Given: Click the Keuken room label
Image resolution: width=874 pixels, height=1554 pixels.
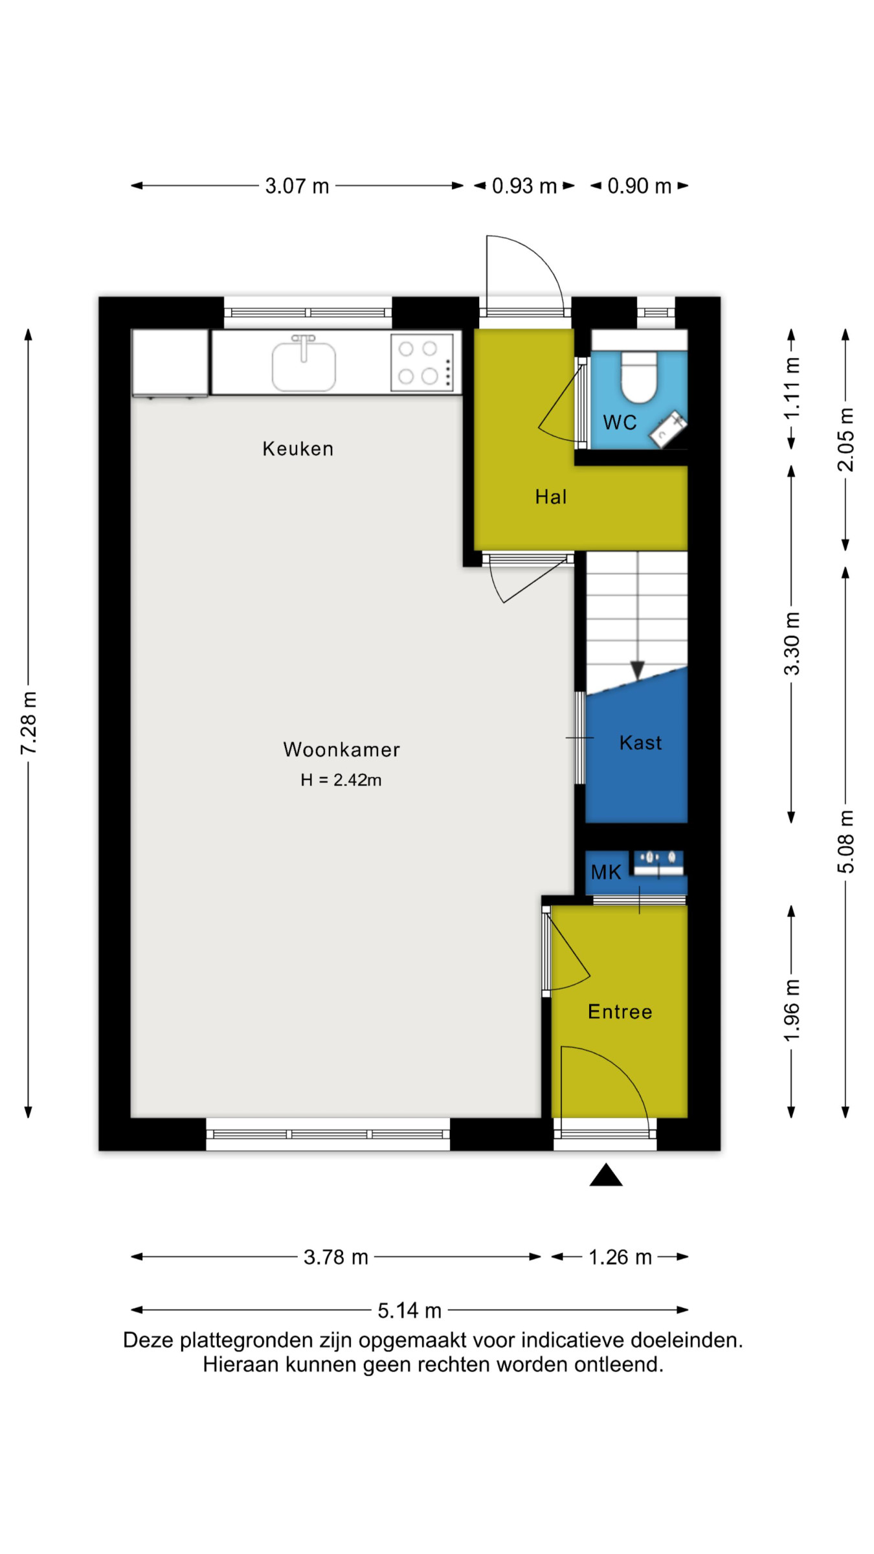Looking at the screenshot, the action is pos(298,449).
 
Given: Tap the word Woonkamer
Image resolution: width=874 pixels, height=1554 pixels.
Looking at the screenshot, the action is pos(342,749).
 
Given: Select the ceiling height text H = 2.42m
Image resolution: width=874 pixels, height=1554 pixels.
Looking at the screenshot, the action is pos(341,780).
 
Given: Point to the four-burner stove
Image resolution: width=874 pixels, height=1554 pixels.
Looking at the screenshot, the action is pos(422,363).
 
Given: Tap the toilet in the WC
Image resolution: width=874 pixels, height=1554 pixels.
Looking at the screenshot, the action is pos(639,377).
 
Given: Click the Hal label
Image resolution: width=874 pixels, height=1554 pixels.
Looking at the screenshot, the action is pos(551,497).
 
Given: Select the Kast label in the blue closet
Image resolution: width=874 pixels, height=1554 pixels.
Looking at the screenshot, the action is pos(641,743).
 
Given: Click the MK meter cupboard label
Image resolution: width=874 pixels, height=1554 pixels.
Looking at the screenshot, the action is pos(606,872).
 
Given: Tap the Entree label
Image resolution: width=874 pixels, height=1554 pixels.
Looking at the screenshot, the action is pos(620,1011).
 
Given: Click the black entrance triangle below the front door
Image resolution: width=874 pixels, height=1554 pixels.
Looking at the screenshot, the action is pos(606,1175).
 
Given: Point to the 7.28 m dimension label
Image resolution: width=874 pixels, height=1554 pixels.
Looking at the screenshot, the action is pos(29,723).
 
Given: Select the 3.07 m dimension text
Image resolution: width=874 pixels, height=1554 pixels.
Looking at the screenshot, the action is pos(297,186).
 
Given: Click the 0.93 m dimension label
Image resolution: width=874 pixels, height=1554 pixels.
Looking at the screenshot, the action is pos(524,186).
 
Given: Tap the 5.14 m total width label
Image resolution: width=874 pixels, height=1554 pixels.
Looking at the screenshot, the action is pos(410,1311).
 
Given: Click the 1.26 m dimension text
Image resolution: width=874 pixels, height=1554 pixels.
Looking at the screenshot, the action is pos(620,1257).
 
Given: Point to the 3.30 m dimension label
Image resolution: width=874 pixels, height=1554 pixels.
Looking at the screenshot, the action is pos(792,644).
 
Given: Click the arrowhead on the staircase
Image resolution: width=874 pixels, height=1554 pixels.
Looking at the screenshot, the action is pos(638,670).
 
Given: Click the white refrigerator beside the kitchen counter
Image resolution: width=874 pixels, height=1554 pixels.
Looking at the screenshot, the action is pos(170,363).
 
